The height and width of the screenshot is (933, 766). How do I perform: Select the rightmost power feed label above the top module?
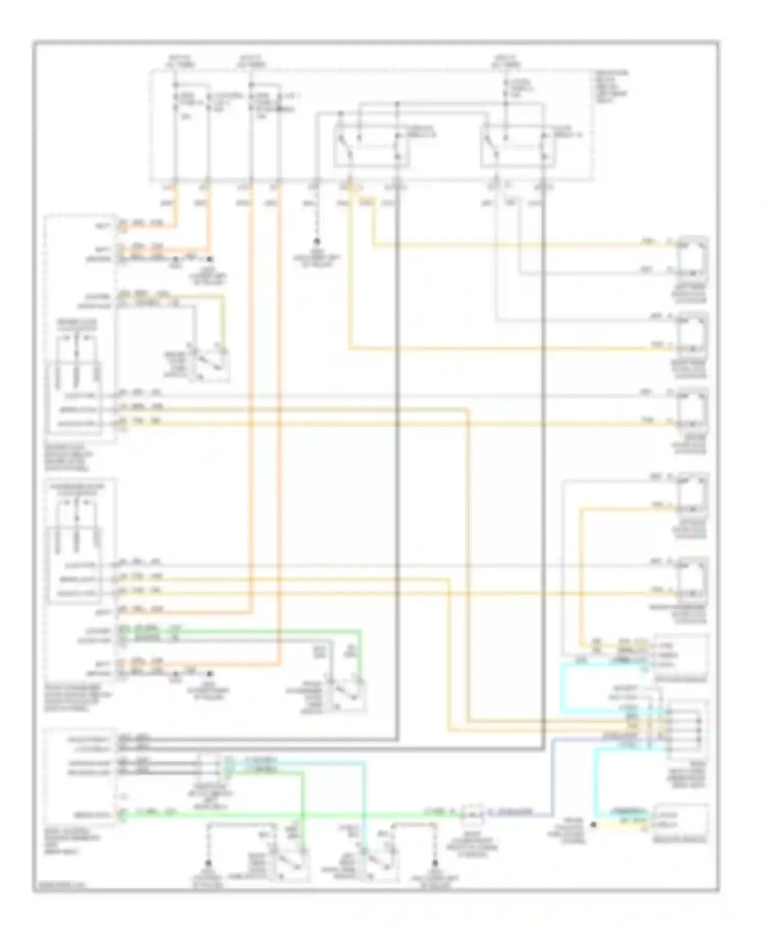(506, 61)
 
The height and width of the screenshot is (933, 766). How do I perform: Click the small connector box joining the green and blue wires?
(472, 815)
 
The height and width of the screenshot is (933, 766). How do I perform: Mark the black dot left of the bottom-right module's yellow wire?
(593, 824)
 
